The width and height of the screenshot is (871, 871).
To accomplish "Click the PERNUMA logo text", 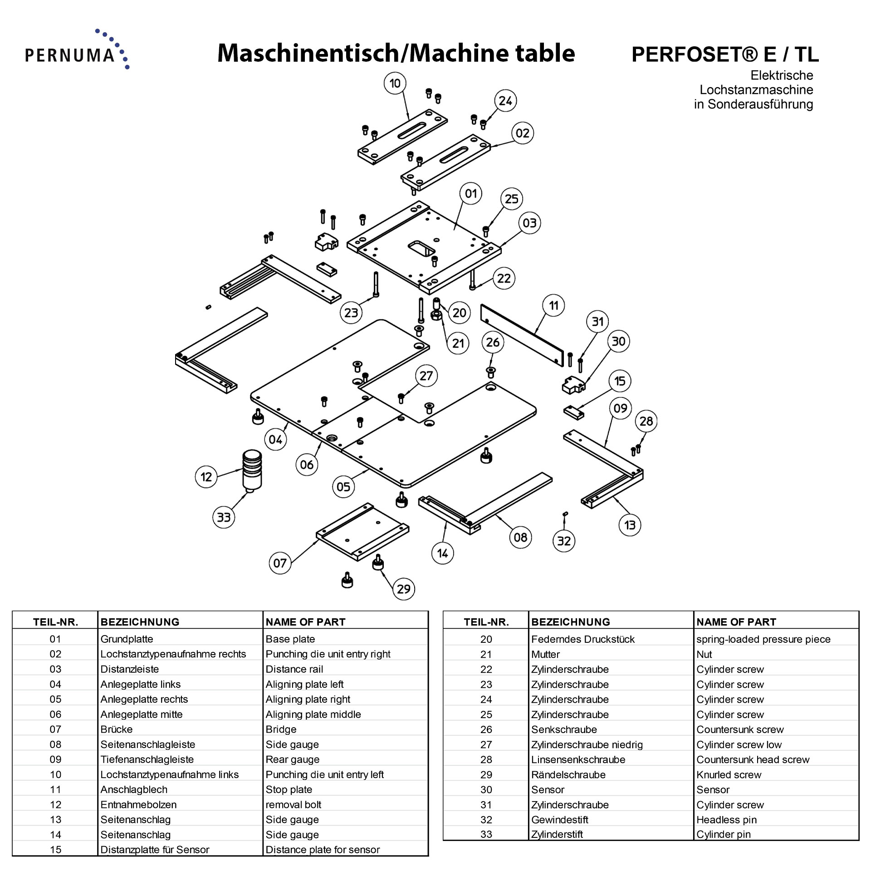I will point(70,55).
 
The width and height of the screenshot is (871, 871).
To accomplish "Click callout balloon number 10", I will point(395,83).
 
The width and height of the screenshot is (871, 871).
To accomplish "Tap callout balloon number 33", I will point(224,517).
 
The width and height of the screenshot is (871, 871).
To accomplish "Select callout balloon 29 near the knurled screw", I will point(403,589).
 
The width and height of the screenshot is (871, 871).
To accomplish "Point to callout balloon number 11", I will point(553,306).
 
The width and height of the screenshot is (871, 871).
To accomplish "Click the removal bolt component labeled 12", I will point(252,470).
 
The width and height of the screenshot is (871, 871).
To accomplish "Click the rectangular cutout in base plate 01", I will point(421,249).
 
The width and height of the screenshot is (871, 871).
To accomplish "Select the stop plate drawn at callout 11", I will point(522,335).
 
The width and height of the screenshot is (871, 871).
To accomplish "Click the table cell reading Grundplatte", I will point(127,639).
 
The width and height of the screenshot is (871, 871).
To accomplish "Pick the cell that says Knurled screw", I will point(729,775).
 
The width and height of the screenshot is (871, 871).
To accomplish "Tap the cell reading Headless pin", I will point(726,820).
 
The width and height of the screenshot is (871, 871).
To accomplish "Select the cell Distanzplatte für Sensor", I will point(155,850).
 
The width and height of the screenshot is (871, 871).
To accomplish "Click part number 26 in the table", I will point(486,729).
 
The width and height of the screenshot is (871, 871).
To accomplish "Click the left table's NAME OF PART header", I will point(305,622).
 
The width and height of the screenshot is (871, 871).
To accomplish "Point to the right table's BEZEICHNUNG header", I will point(570,622).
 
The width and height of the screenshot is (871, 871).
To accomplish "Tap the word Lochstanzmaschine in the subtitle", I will point(756,90).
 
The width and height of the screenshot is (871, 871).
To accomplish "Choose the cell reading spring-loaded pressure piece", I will point(763,639).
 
